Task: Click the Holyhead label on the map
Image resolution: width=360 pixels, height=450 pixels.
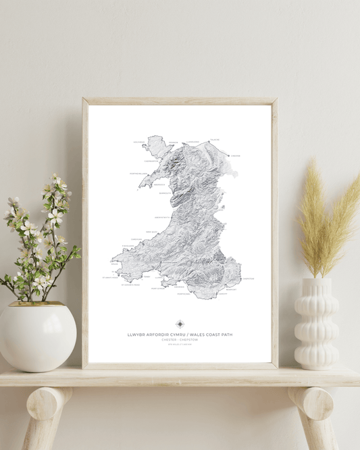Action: pyautogui.click(x=138, y=143)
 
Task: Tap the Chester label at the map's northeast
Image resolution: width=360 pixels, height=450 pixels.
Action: pyautogui.click(x=236, y=155)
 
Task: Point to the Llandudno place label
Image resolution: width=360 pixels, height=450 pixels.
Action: pyautogui.click(x=193, y=142)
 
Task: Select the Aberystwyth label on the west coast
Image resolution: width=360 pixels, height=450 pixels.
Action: pyautogui.click(x=163, y=218)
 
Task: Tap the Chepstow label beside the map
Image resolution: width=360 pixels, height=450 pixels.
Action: pyautogui.click(x=248, y=278)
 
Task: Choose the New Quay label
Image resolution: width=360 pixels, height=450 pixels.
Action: pyautogui.click(x=151, y=231)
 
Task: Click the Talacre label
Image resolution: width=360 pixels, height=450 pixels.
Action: pyautogui.click(x=215, y=140)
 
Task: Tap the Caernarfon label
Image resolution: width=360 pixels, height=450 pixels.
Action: pyautogui.click(x=151, y=161)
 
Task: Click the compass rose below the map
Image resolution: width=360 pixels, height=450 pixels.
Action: pyautogui.click(x=180, y=324)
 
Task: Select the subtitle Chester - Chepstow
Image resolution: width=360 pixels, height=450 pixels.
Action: pyautogui.click(x=180, y=340)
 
